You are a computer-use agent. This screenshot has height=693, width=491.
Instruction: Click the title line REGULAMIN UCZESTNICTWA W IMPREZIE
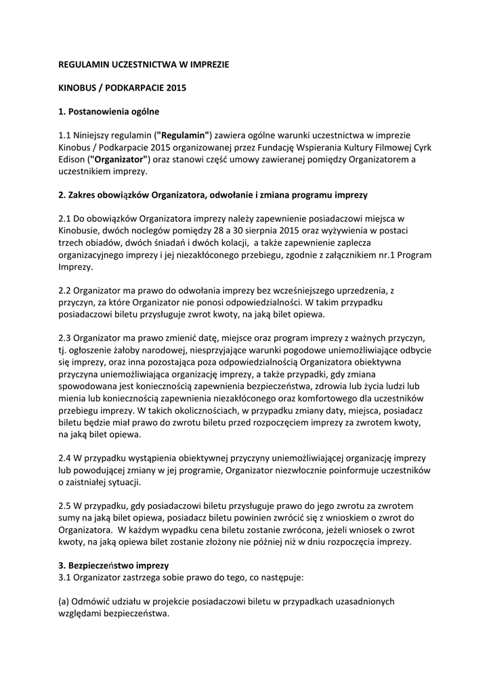pyautogui.click(x=144, y=65)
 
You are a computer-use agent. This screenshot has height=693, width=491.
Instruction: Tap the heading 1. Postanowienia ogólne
pyautogui.click(x=108, y=111)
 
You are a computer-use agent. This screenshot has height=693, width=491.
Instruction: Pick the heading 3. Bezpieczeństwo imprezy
pyautogui.click(x=114, y=565)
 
